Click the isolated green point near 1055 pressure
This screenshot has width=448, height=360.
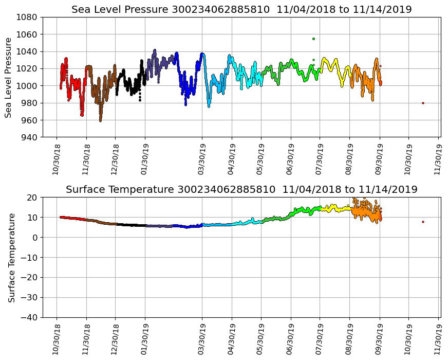point(313,39)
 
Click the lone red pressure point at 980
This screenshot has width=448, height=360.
point(423,103)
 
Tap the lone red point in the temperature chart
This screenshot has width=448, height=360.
point(423,222)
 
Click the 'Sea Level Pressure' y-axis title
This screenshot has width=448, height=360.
point(9,77)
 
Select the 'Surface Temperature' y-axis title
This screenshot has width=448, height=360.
point(11,257)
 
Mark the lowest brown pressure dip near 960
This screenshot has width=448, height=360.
point(100,120)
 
